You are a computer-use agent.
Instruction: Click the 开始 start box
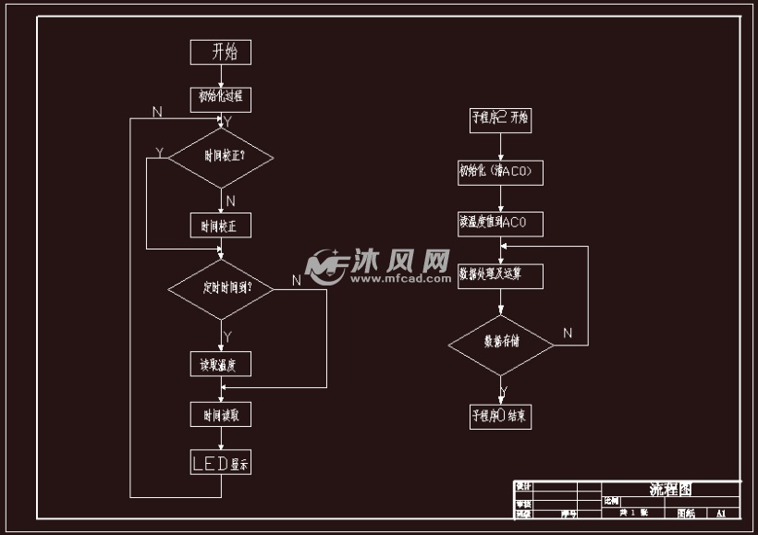pyautogui.click(x=220, y=52)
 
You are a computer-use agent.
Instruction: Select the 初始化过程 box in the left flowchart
pyautogui.click(x=220, y=97)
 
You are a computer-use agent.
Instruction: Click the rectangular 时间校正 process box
pyautogui.click(x=220, y=225)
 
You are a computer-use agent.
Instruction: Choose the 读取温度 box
pyautogui.click(x=220, y=364)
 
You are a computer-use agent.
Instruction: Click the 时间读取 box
pyautogui.click(x=220, y=416)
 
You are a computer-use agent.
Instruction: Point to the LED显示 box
pyautogui.click(x=220, y=462)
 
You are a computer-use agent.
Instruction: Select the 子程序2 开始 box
pyautogui.click(x=500, y=118)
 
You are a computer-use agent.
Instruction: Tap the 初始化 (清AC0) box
pyautogui.click(x=500, y=172)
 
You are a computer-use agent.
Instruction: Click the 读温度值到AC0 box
pyautogui.click(x=500, y=224)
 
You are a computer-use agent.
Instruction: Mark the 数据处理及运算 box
pyautogui.click(x=500, y=275)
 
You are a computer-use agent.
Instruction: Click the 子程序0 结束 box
pyautogui.click(x=500, y=416)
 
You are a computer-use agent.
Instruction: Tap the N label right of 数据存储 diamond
pyautogui.click(x=568, y=333)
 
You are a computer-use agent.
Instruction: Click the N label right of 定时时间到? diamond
pyautogui.click(x=297, y=280)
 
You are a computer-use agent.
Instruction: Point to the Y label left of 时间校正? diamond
pyautogui.click(x=159, y=152)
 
